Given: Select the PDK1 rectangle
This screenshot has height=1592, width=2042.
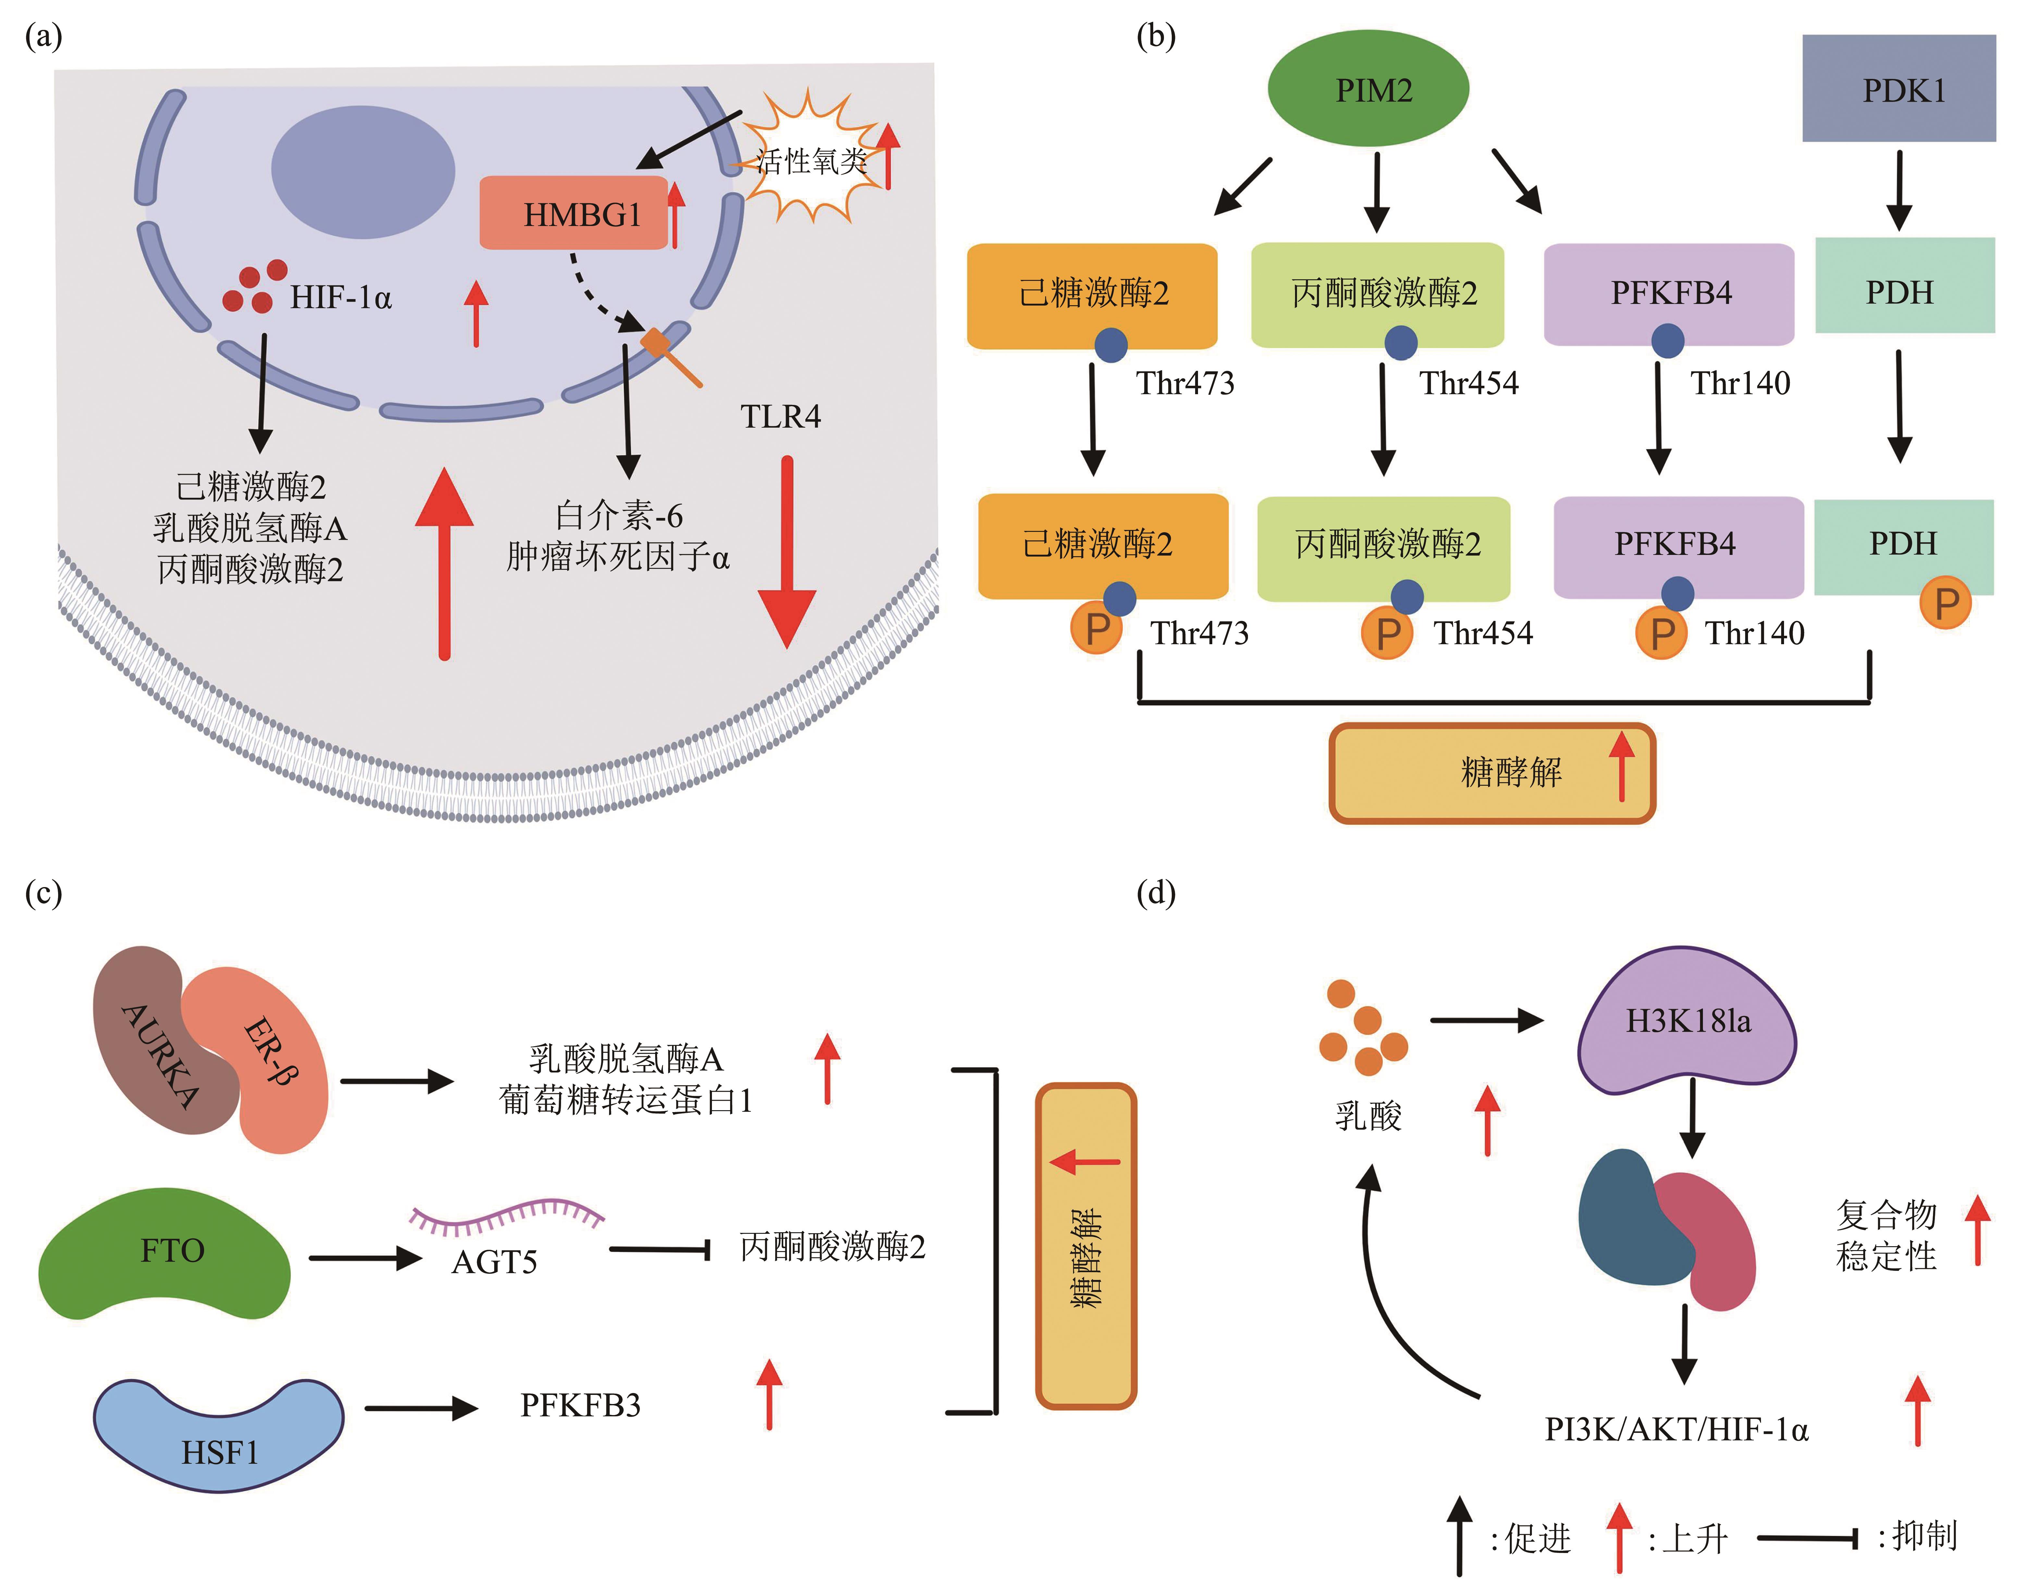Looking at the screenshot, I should coord(1899,89).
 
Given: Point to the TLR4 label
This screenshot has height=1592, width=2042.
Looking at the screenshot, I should coord(781,416).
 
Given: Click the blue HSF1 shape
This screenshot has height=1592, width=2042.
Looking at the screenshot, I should coord(219,1431).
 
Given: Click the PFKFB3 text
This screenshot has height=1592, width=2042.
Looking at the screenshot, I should coord(581,1405).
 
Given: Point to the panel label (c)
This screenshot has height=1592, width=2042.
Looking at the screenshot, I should coord(43,893).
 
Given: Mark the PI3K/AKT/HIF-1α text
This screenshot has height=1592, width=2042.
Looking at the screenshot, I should coord(1676,1429).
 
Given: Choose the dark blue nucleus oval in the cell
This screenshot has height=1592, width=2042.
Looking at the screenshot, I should coord(363,170).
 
